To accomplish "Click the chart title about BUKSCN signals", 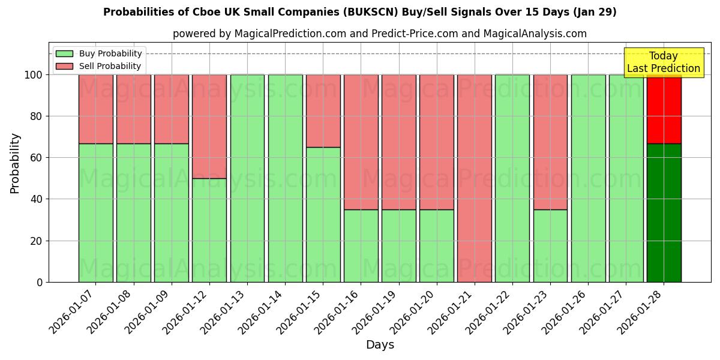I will [359, 12].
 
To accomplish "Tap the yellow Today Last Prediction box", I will [663, 62].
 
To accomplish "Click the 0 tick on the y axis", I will [40, 282].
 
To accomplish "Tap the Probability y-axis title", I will [15, 163].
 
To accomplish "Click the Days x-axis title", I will [380, 345].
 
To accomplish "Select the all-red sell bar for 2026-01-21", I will [474, 178].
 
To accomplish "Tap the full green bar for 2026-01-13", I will [247, 178].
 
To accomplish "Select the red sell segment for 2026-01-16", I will [361, 142].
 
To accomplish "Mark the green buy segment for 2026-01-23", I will [550, 245].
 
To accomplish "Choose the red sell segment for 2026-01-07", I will [95, 109].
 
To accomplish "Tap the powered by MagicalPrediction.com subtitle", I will [379, 34].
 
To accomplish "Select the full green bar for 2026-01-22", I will [512, 178].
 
